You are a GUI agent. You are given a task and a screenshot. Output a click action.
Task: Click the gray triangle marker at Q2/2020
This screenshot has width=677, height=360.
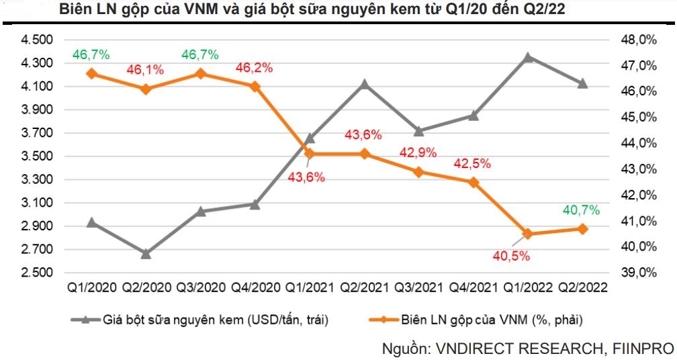click(x=146, y=254)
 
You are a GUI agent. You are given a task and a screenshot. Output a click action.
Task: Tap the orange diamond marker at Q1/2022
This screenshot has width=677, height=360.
click(x=528, y=234)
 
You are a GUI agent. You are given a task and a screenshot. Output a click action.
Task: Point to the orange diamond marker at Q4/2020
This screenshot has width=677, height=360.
click(x=255, y=86)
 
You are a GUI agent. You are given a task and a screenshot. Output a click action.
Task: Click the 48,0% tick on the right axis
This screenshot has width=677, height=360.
click(x=638, y=40)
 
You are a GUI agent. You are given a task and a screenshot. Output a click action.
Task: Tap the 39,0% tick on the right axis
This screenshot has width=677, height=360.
click(x=638, y=273)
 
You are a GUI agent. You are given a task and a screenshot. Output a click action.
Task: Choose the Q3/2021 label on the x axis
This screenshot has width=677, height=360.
click(x=418, y=287)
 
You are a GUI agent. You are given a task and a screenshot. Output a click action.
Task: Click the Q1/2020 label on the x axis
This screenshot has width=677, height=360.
click(x=91, y=287)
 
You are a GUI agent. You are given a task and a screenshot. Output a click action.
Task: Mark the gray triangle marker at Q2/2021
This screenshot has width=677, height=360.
click(x=364, y=84)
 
